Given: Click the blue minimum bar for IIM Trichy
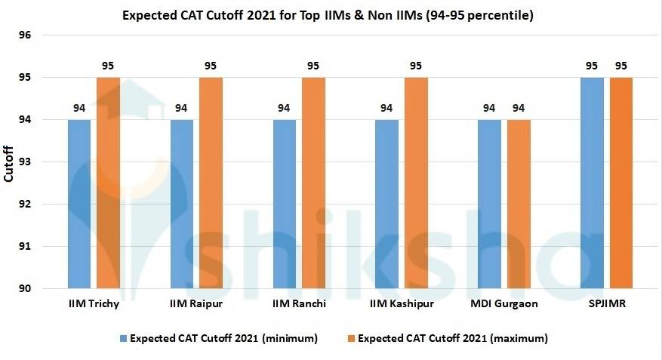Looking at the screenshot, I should pyautogui.click(x=79, y=204).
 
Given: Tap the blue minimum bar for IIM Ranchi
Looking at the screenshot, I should pyautogui.click(x=285, y=204).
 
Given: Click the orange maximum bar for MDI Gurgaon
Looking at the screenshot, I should pyautogui.click(x=519, y=204).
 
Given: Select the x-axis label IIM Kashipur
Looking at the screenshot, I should pyautogui.click(x=401, y=303).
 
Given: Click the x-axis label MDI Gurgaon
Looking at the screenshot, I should pyautogui.click(x=503, y=303).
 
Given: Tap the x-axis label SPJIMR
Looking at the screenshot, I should pyautogui.click(x=606, y=303).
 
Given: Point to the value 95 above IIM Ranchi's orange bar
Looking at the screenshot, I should pyautogui.click(x=313, y=66).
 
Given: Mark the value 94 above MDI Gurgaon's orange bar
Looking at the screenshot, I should pyautogui.click(x=519, y=108).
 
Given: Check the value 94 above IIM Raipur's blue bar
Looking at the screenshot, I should pyautogui.click(x=182, y=108).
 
